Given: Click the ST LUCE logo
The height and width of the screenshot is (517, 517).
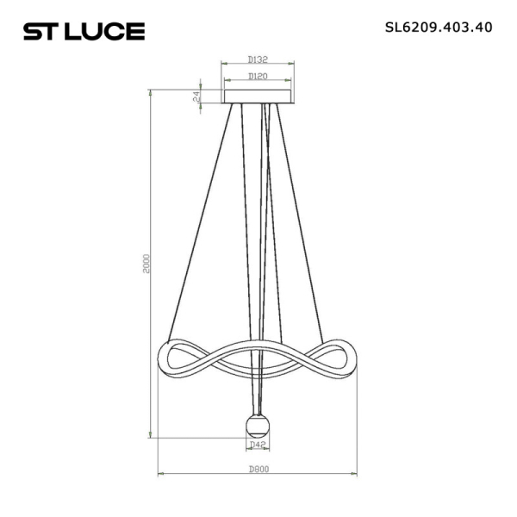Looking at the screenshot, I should pyautogui.click(x=84, y=32).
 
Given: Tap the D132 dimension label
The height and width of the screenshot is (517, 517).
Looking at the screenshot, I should pyautogui.click(x=257, y=59).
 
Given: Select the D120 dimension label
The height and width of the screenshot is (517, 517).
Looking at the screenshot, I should pyautogui.click(x=257, y=77).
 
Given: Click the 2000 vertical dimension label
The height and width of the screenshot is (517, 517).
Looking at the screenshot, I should pyautogui.click(x=146, y=264).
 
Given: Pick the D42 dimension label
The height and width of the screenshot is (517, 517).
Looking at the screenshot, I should pyautogui.click(x=256, y=445).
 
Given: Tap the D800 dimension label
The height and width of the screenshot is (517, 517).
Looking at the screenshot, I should pyautogui.click(x=257, y=469).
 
